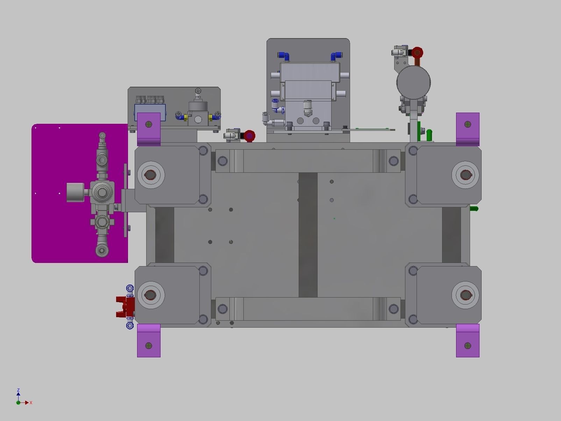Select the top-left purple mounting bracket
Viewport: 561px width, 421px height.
(149, 128)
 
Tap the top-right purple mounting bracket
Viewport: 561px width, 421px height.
(468, 128)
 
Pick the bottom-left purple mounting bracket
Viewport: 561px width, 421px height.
(149, 341)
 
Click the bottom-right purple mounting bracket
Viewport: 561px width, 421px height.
(468, 341)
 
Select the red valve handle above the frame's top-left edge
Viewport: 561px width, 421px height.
(249, 136)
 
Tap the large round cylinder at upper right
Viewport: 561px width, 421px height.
(413, 83)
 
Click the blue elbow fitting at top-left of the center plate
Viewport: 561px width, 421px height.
(283, 56)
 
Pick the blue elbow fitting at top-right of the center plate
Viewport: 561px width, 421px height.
(336, 56)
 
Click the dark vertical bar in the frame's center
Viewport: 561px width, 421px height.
(308, 234)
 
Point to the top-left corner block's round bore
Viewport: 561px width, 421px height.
(151, 174)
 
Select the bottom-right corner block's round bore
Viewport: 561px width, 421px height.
(465, 295)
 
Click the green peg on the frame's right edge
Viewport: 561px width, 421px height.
(474, 209)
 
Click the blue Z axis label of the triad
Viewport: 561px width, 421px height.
(18, 390)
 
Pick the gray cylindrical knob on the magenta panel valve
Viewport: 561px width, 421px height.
(75, 192)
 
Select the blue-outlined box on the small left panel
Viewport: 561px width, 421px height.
(150, 112)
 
